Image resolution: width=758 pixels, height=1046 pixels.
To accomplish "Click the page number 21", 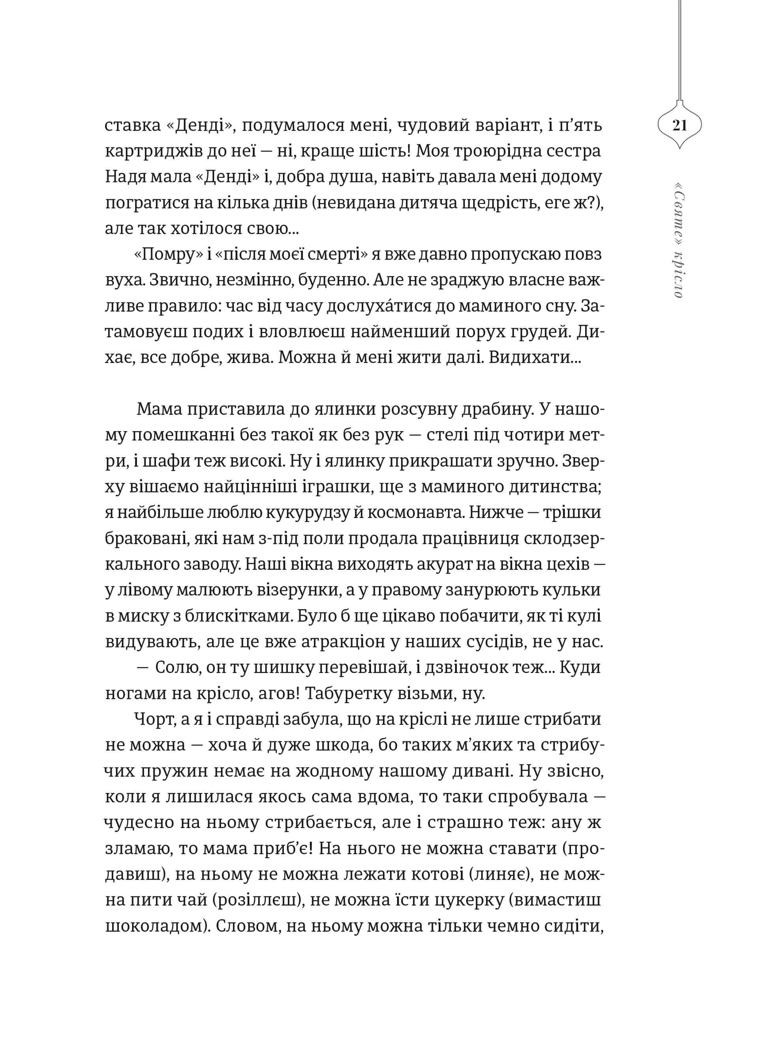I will pos(679,125).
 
